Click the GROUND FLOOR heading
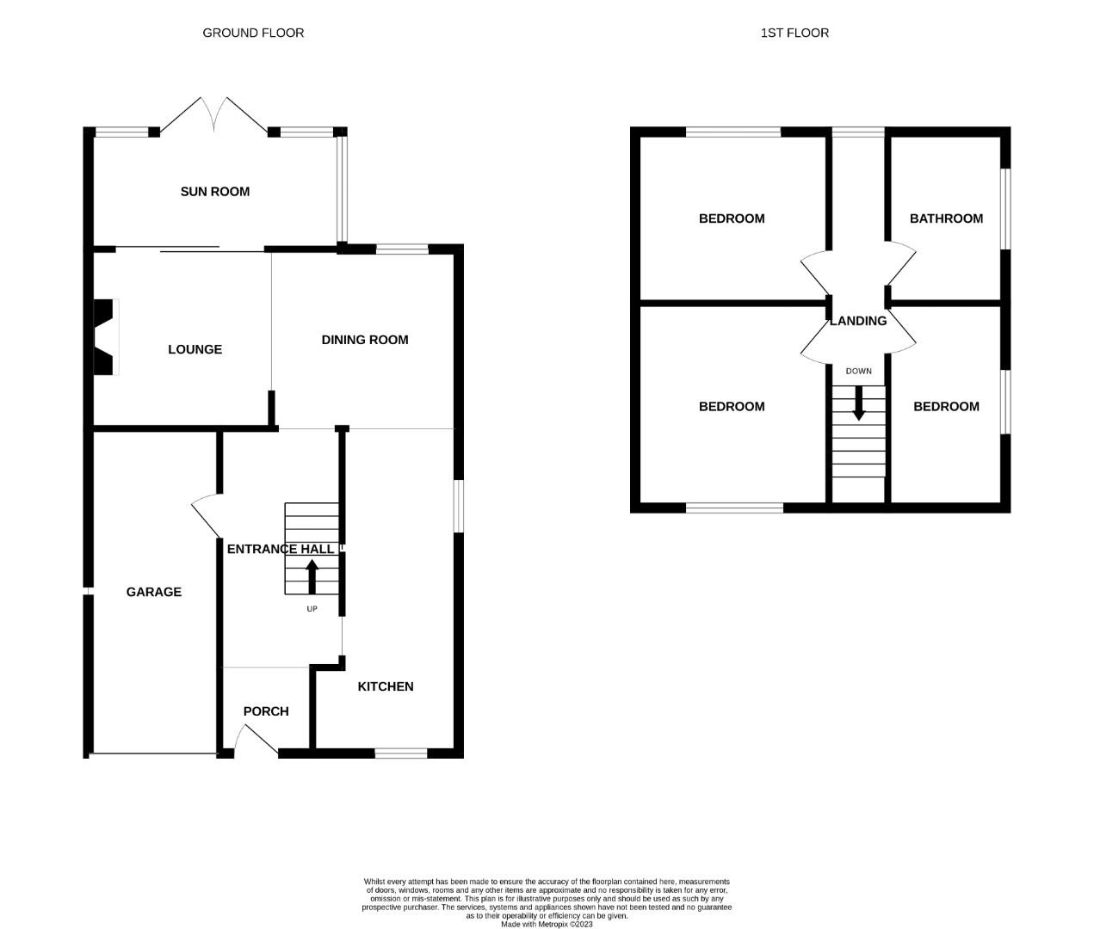[253, 33]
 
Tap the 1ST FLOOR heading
[794, 33]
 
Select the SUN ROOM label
[214, 191]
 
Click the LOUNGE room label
[195, 349]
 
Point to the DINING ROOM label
[365, 340]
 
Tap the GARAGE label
[154, 592]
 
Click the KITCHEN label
[386, 686]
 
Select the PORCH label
[266, 711]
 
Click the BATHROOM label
[946, 218]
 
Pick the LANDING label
[858, 321]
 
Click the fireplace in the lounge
[104, 336]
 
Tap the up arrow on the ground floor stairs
[312, 576]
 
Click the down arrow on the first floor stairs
[858, 403]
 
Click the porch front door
[255, 740]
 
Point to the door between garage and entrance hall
[205, 515]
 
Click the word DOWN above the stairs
[858, 372]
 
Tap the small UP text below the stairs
[312, 609]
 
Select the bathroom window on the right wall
[1005, 209]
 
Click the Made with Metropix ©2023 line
[547, 924]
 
